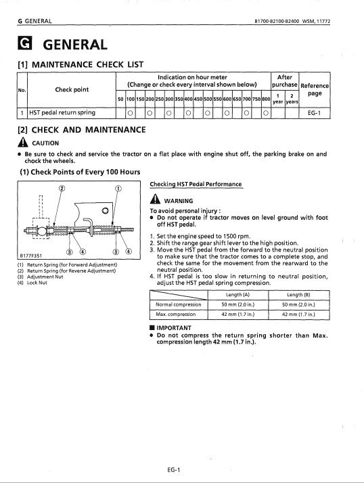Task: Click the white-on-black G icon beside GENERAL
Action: [24, 43]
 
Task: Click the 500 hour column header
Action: [208, 99]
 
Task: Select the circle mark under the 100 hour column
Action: [130, 113]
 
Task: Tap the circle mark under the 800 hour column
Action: [265, 113]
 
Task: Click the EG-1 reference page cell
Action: [315, 113]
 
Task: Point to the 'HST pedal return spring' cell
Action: [62, 112]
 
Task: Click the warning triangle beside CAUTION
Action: [23, 142]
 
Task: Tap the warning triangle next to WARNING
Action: [155, 199]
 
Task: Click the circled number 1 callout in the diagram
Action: [118, 189]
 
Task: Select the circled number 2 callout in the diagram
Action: [62, 188]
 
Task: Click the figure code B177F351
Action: [31, 256]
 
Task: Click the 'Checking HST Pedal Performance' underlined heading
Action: [196, 184]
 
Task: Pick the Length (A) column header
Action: [237, 295]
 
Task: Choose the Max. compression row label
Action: [176, 314]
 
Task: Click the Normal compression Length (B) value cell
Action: [298, 304]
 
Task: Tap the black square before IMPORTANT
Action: [152, 327]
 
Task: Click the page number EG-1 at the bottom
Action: [173, 469]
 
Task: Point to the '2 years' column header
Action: [292, 99]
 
